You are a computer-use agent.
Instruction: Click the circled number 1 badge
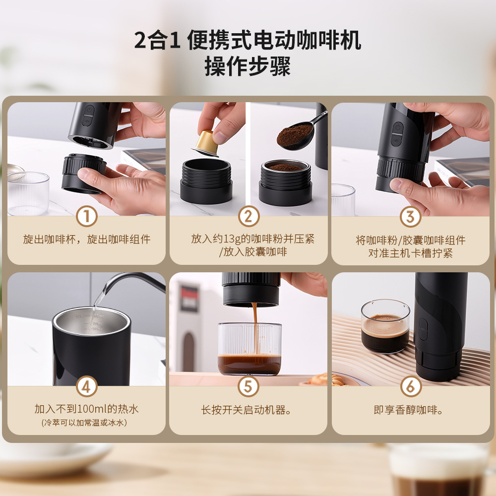click(86, 216)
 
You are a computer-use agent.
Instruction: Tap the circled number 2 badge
click(248, 216)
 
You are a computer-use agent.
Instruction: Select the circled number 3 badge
click(410, 217)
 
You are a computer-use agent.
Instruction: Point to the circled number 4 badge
click(86, 386)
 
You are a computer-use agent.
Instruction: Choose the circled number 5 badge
click(248, 386)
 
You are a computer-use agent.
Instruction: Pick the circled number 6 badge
click(411, 386)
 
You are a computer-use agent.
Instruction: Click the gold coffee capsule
click(206, 143)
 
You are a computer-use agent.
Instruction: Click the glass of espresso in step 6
click(385, 326)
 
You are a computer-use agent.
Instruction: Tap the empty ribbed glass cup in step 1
click(28, 193)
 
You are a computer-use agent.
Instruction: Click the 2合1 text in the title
click(157, 41)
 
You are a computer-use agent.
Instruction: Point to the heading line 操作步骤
click(248, 66)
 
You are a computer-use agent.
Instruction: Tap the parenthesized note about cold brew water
click(84, 423)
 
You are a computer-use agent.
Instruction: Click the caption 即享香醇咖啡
click(408, 410)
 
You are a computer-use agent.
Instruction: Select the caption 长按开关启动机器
click(246, 410)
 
